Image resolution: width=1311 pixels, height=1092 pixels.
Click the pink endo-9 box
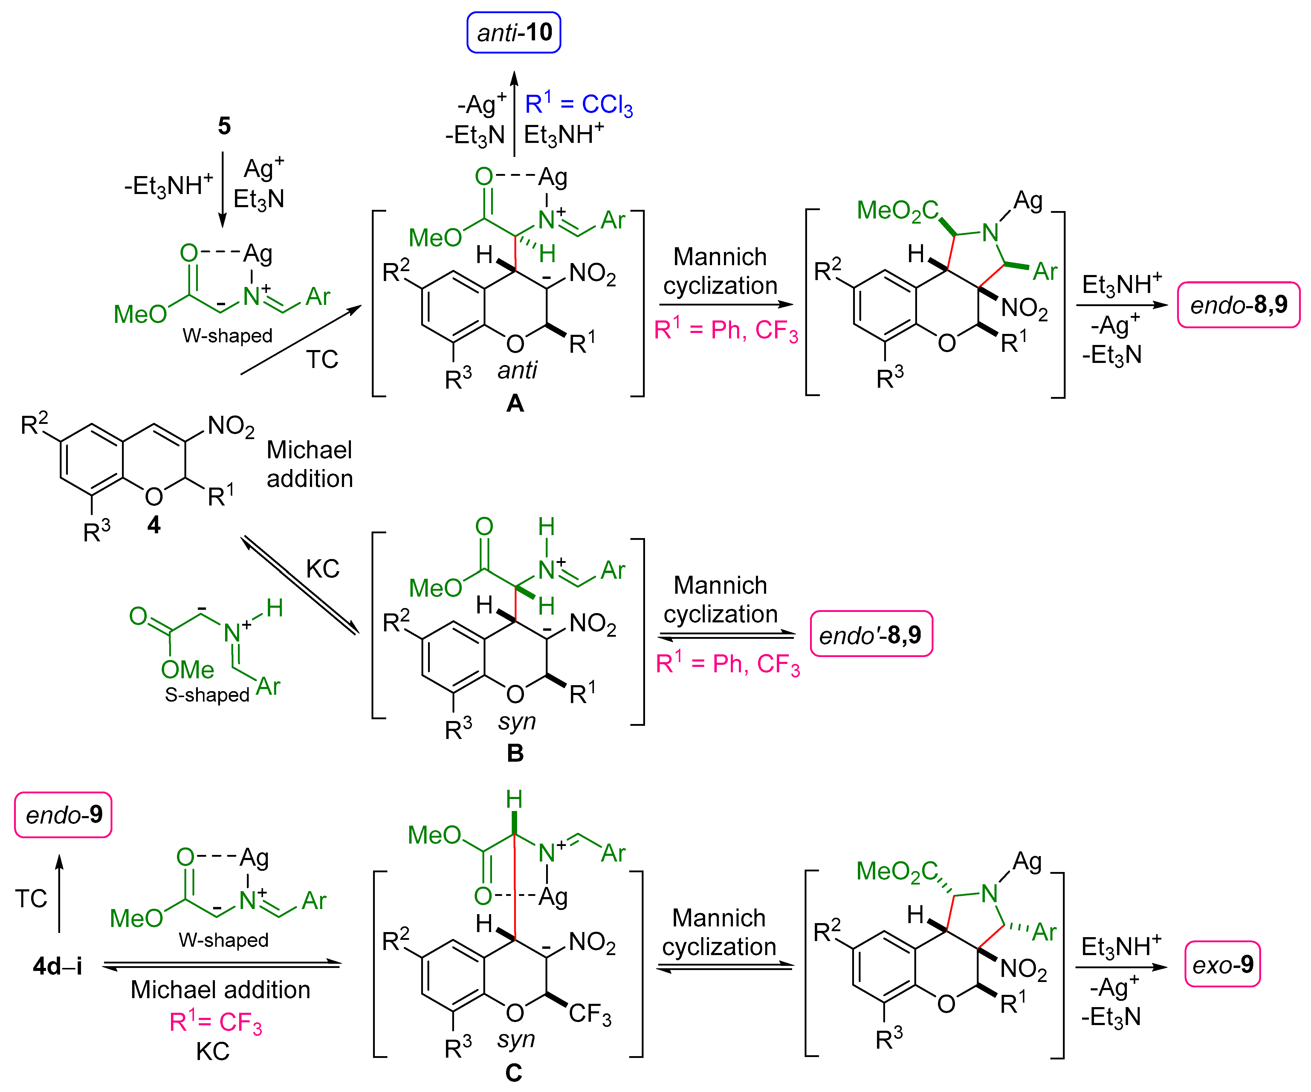pos(63,815)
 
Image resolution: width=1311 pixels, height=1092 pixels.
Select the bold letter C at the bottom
pos(513,1073)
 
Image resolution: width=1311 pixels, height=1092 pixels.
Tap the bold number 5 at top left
pos(224,126)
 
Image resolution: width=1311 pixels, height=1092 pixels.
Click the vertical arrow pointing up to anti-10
pos(514,112)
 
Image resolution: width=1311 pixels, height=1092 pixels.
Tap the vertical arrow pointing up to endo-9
pos(59,893)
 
